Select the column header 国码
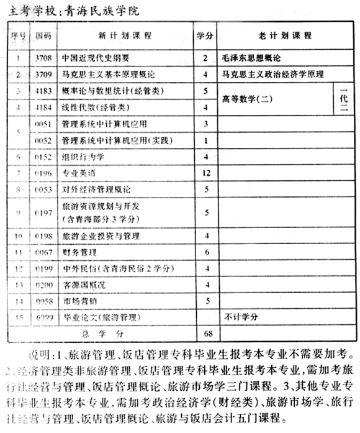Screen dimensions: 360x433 point(43,36)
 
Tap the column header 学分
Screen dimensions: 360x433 point(205,36)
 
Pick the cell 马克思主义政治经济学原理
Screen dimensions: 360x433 point(273,75)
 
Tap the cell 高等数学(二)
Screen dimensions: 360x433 point(245,100)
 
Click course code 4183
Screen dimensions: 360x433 point(43,92)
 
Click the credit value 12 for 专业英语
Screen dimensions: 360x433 point(205,172)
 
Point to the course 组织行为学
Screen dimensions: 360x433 point(83,157)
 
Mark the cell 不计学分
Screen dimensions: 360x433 point(241,317)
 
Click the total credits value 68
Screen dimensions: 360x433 point(205,332)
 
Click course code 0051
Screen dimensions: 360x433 point(43,124)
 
